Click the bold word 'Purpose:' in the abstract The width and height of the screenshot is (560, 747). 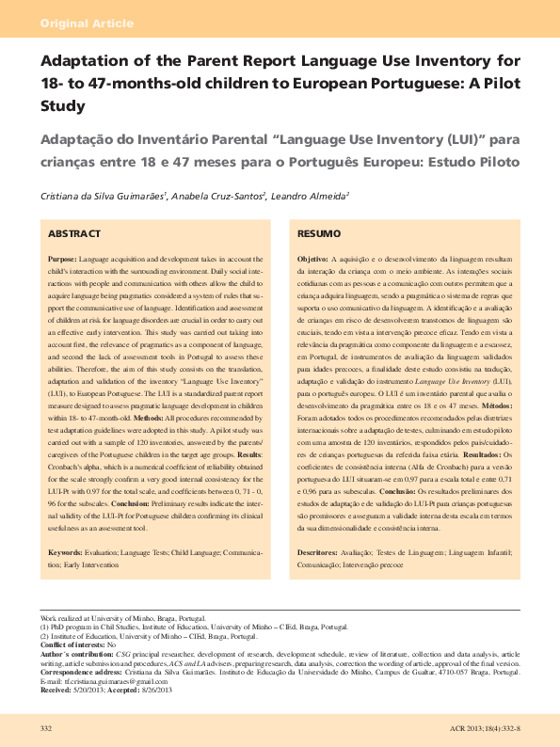[63, 258]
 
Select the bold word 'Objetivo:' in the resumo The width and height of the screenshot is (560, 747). [312, 258]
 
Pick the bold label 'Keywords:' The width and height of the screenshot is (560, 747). [65, 553]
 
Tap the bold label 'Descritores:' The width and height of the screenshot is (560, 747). [317, 553]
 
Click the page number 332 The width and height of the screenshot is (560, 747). [45, 729]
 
